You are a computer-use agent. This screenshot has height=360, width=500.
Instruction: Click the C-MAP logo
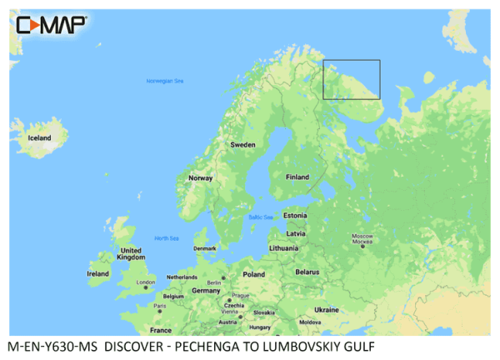[x=51, y=24]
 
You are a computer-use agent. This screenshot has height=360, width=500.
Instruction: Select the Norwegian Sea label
[x=164, y=82]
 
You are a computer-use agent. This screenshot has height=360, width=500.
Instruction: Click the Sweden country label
[x=242, y=144]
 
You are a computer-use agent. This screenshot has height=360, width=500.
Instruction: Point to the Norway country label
[x=201, y=177]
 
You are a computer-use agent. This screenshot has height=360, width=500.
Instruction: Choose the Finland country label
[x=297, y=177]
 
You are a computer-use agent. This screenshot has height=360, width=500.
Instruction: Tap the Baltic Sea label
[x=261, y=217]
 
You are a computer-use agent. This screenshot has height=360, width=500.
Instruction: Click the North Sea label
[x=166, y=238]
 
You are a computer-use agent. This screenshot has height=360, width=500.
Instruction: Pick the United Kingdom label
[x=131, y=254]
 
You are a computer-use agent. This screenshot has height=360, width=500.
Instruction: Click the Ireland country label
[x=98, y=273]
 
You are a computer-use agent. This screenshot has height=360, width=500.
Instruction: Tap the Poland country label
[x=252, y=273]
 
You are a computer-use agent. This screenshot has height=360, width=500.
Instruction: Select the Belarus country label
[x=307, y=272]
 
